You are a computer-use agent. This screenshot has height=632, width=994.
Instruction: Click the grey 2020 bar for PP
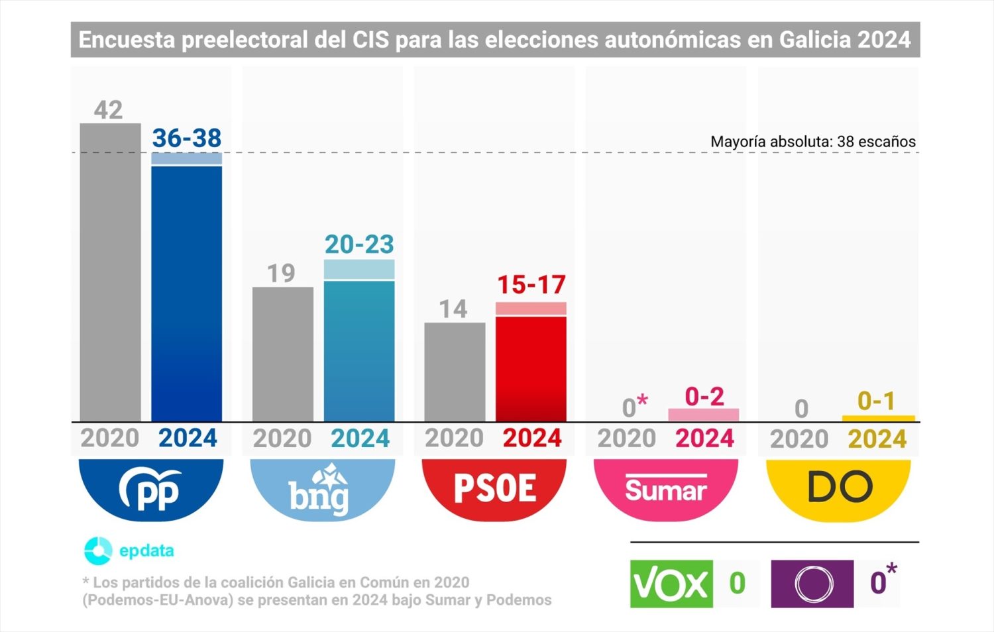click(x=110, y=272)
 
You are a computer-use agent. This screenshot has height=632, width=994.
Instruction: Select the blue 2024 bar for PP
click(x=186, y=291)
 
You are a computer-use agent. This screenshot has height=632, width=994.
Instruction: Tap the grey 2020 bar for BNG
click(x=282, y=354)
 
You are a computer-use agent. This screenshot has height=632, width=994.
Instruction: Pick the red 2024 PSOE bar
click(x=531, y=368)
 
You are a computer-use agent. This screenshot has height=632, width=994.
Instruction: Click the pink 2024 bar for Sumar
click(x=703, y=415)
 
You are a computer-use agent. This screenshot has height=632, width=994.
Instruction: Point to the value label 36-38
click(x=186, y=138)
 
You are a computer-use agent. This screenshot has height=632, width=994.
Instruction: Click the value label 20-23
click(x=359, y=244)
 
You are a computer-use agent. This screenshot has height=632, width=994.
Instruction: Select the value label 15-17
click(x=531, y=285)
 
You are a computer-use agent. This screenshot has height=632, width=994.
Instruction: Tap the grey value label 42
click(x=108, y=110)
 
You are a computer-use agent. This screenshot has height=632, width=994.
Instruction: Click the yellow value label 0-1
click(x=876, y=401)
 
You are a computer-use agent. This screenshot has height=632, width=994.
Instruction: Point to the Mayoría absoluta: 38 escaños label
click(x=812, y=141)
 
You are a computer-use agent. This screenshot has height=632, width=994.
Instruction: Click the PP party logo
click(x=151, y=490)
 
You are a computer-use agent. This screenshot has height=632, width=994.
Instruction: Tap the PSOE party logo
click(x=494, y=490)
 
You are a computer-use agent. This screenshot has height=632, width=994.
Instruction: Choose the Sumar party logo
click(x=666, y=490)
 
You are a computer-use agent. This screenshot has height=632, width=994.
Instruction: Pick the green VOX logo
click(x=671, y=584)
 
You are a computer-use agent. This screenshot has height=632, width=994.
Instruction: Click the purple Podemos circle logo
click(x=812, y=584)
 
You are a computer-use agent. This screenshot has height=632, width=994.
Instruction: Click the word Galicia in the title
click(x=814, y=40)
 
